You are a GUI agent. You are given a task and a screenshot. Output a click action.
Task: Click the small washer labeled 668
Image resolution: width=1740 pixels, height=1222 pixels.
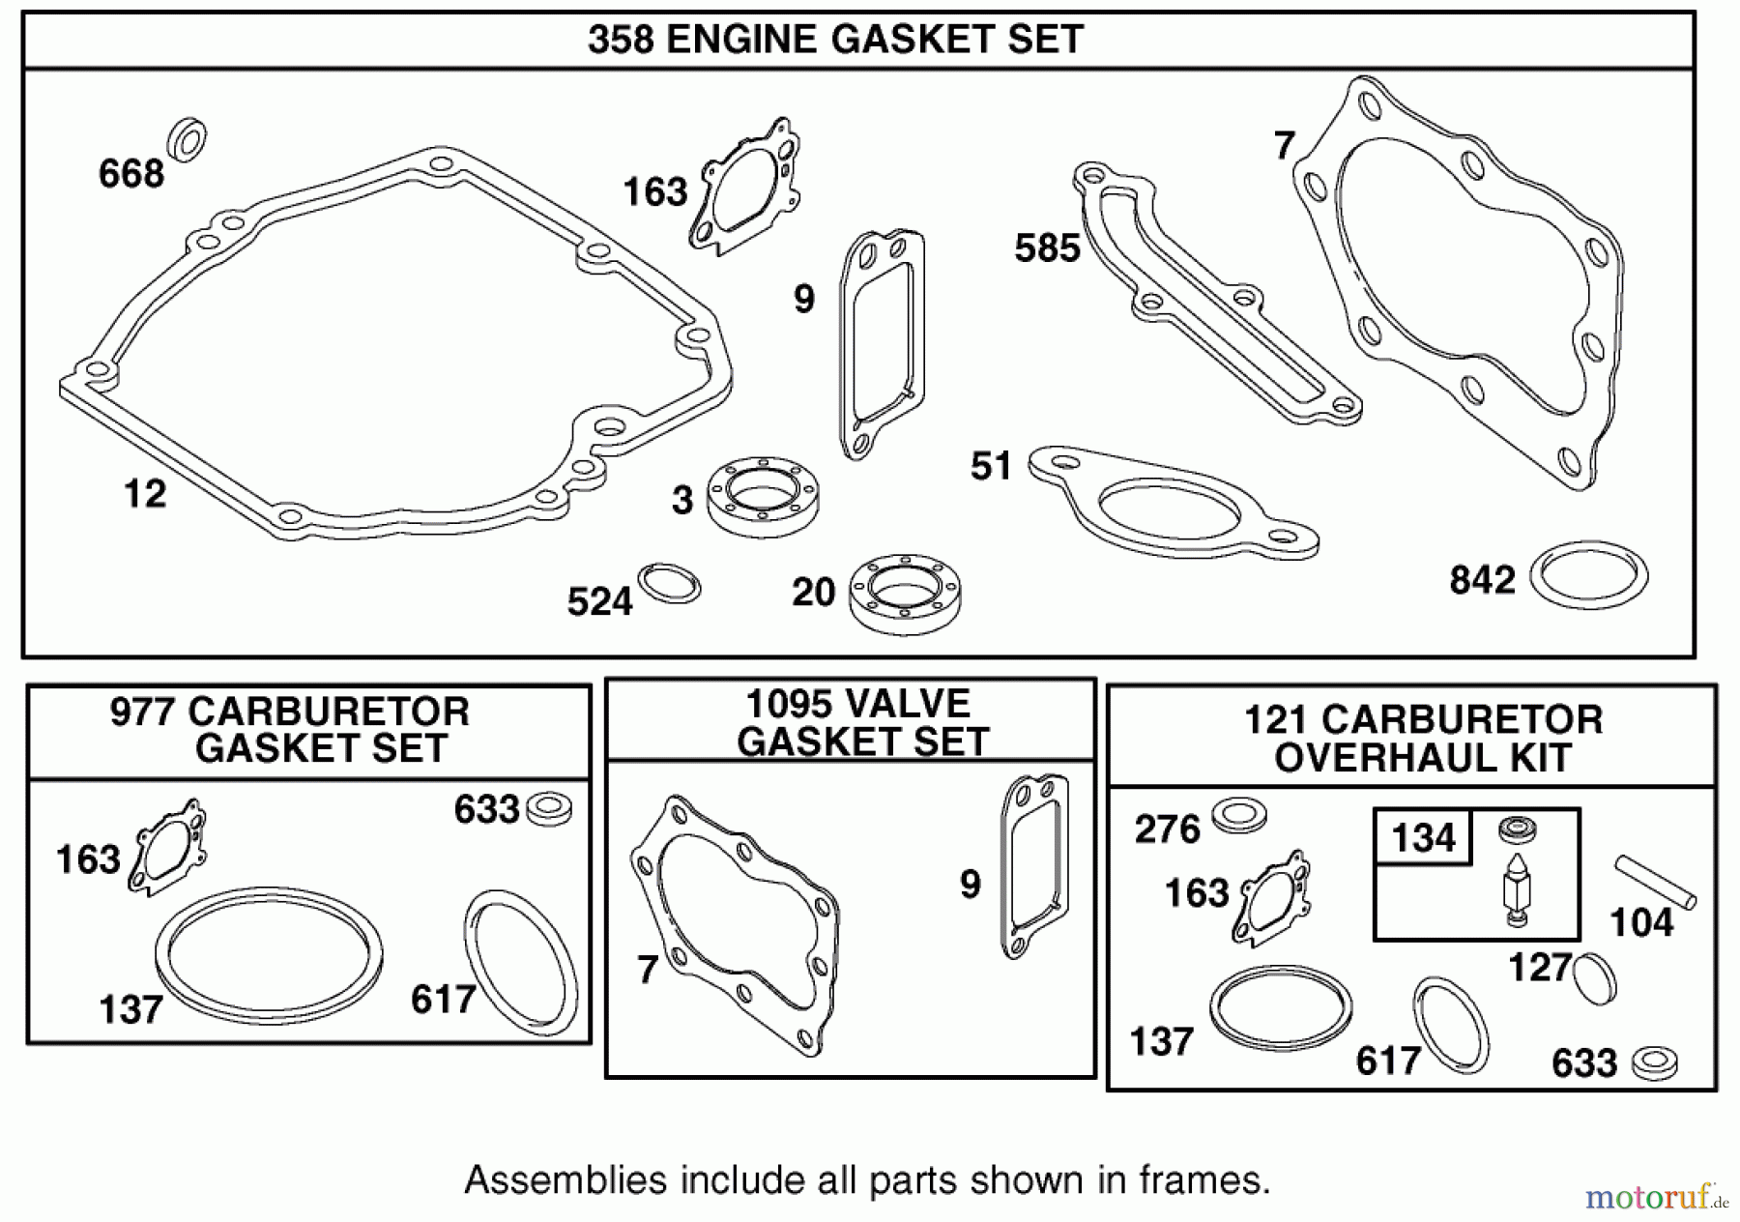click(187, 139)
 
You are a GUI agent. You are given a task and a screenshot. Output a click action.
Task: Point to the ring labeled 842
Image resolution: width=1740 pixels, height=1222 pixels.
click(1588, 576)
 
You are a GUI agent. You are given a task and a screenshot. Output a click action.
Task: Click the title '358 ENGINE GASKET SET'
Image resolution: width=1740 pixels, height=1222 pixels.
click(835, 41)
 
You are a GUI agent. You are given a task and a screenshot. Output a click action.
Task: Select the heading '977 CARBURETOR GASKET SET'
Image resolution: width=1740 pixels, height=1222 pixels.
click(291, 730)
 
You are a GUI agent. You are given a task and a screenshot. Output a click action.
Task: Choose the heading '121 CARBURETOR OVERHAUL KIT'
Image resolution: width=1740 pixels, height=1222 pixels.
click(1423, 739)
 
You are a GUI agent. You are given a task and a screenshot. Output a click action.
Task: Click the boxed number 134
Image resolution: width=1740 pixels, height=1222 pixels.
click(1423, 837)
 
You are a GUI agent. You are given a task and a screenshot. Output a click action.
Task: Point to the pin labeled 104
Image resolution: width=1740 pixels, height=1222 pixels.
click(1655, 881)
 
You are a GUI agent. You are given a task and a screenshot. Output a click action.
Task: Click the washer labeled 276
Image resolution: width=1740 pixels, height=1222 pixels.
click(1238, 815)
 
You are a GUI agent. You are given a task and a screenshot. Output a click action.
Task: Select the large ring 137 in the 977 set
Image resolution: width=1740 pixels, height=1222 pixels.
click(269, 950)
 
